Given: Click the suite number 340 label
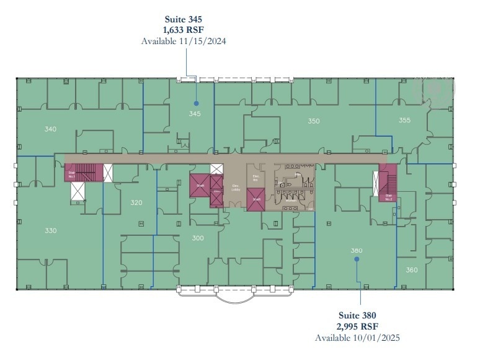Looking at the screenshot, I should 51,129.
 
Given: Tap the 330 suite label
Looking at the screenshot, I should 51,230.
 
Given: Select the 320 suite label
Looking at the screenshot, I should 136,202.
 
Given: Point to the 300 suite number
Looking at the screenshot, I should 198,238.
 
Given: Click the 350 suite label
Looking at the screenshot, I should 314,121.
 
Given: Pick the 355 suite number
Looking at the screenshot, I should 404,120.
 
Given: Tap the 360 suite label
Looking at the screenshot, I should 412,270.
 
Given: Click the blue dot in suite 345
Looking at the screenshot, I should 196,103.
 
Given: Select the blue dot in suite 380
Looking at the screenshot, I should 357,260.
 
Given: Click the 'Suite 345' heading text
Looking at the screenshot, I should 183,19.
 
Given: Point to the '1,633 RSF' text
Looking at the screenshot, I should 183,30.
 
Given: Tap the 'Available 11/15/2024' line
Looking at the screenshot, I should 183,41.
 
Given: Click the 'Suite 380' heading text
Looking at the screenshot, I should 357,315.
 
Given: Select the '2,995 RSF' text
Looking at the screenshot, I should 357,326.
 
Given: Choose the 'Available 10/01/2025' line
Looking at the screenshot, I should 357,338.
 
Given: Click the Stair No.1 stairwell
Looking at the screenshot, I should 84,173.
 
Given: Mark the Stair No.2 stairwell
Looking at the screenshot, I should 388,184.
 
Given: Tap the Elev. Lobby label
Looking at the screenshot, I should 236,188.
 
